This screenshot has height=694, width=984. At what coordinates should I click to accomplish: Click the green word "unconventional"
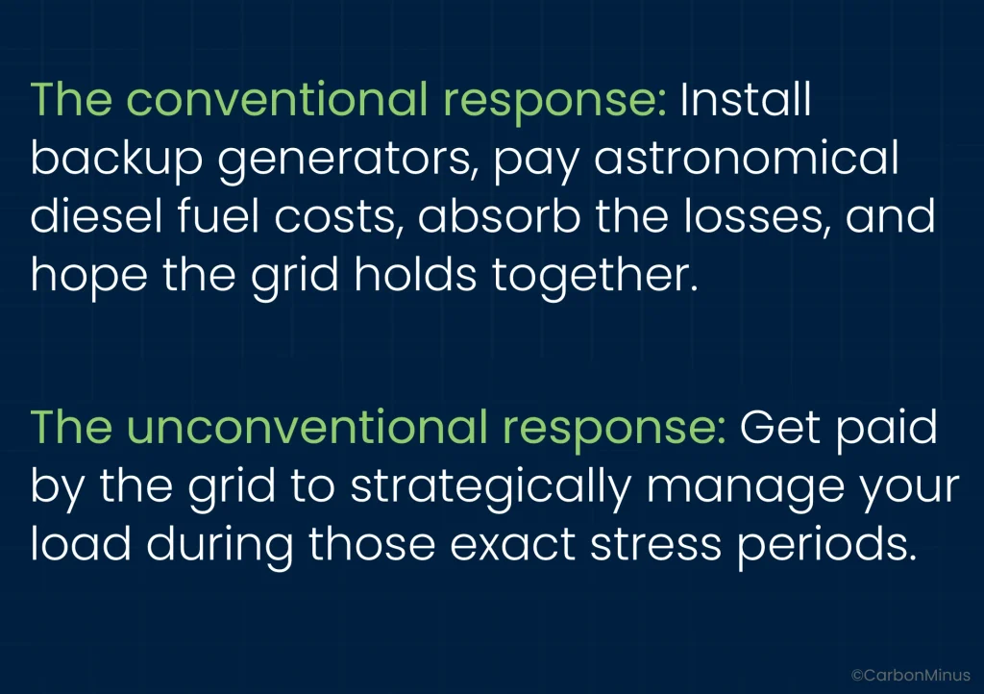coord(307,427)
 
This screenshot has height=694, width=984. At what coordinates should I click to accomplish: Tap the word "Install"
coord(746,99)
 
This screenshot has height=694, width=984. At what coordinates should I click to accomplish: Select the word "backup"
coord(116,160)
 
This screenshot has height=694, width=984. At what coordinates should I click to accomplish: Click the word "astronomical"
coord(746,158)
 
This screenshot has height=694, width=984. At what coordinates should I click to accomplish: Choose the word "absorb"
coord(499,216)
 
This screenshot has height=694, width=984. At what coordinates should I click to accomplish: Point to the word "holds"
coord(415,274)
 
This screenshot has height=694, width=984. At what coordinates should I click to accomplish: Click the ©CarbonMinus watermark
coord(911,675)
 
